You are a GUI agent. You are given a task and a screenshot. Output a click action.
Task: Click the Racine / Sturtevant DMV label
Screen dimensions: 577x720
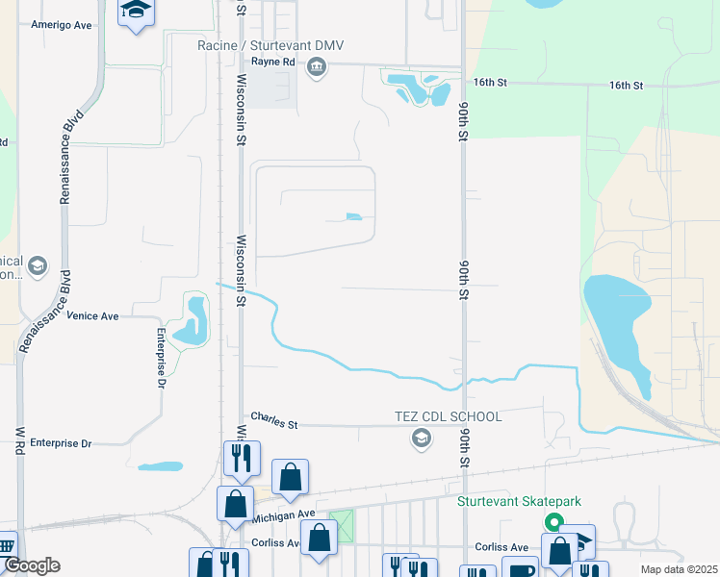pyautogui.click(x=270, y=46)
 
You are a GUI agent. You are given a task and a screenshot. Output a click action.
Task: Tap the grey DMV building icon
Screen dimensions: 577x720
pyautogui.click(x=317, y=67)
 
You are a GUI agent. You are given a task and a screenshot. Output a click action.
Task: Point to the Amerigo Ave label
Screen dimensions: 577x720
pyautogui.click(x=62, y=25)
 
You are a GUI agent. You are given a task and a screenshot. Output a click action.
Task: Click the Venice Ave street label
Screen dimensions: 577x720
pyautogui.click(x=92, y=315)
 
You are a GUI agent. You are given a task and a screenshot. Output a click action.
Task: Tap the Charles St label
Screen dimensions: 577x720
pyautogui.click(x=275, y=420)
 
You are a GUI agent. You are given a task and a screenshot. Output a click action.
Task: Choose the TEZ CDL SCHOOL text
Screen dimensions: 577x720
pyautogui.click(x=449, y=416)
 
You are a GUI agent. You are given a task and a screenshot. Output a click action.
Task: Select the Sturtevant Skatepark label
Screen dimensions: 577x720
pyautogui.click(x=526, y=501)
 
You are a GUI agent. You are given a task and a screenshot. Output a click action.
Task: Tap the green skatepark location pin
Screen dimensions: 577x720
pyautogui.click(x=553, y=522)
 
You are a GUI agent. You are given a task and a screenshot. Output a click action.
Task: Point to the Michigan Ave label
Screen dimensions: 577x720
pyautogui.click(x=283, y=516)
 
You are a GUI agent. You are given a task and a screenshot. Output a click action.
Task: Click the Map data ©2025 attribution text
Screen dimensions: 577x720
pyautogui.click(x=678, y=569)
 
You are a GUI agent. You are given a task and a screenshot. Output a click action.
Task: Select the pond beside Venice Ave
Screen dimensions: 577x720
pyautogui.click(x=196, y=322)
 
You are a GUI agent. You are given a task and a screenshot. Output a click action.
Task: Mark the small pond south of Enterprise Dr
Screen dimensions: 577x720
pyautogui.click(x=160, y=467)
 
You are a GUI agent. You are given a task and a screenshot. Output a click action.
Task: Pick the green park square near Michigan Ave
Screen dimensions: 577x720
pyautogui.click(x=341, y=525)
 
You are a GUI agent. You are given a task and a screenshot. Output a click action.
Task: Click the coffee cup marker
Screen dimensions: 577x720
pyautogui.click(x=520, y=569)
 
